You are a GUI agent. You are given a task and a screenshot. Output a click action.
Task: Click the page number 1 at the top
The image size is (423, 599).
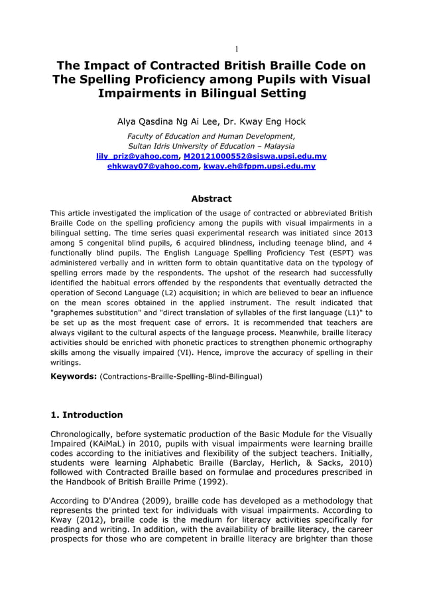(x=237, y=49)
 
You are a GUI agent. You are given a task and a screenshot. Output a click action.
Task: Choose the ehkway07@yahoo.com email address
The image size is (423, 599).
(x=152, y=166)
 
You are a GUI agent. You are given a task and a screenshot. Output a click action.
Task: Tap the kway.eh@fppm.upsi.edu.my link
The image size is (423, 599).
(x=259, y=166)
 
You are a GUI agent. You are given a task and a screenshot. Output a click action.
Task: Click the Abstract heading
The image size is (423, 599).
(x=211, y=198)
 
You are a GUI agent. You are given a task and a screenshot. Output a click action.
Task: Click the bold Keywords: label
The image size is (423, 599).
(x=74, y=376)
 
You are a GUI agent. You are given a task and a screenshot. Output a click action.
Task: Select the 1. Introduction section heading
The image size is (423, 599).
(x=87, y=415)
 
